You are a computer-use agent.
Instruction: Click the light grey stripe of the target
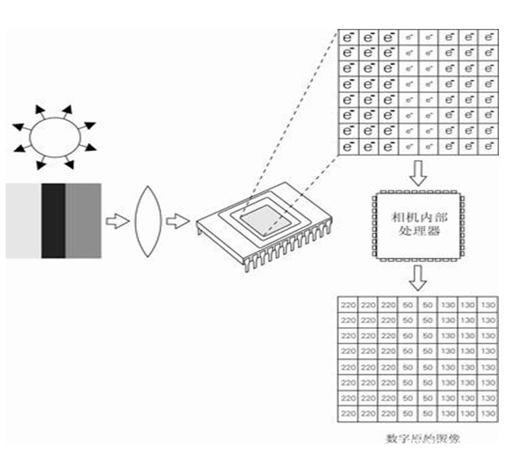click(23, 220)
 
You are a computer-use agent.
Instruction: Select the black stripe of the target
click(53, 220)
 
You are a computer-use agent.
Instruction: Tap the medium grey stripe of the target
click(83, 220)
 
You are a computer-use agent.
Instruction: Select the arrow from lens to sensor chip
click(177, 221)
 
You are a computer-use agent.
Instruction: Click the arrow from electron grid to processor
click(418, 172)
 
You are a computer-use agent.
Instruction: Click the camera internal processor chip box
click(418, 225)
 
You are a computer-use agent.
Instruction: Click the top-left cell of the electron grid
click(349, 37)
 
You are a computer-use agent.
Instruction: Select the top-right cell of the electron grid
click(488, 37)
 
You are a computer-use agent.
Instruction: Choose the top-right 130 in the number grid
click(488, 305)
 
